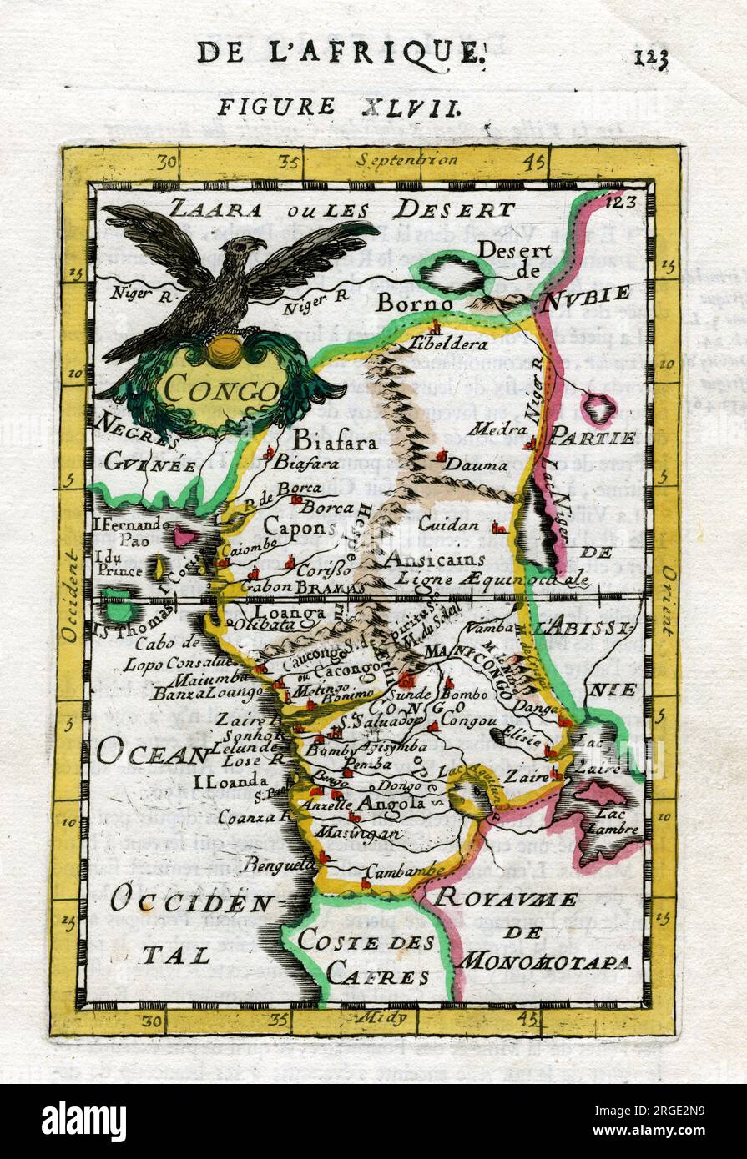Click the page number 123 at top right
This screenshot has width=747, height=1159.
(x=651, y=57)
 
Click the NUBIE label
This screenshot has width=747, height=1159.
(x=584, y=297)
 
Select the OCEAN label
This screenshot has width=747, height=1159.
(x=151, y=755)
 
